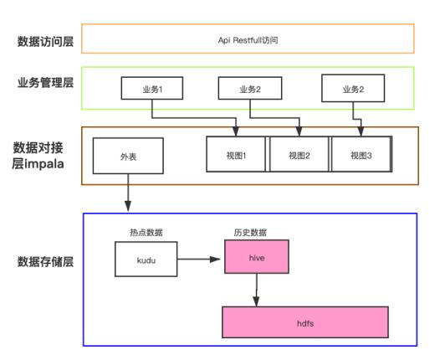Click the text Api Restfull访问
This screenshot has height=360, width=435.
point(248,40)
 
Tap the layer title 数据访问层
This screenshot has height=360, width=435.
point(45,42)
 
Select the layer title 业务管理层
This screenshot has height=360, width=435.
point(45,83)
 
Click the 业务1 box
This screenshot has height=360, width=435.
point(152,88)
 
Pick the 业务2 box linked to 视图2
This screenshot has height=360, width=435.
point(250,88)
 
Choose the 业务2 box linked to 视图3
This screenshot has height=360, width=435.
point(353,88)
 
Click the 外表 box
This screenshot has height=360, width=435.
point(128,156)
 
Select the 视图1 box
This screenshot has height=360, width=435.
point(236,154)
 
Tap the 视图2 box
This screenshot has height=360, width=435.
point(299,154)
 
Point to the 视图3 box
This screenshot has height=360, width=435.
point(361,154)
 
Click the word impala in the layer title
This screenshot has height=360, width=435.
point(44,164)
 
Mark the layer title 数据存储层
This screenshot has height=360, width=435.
point(45,262)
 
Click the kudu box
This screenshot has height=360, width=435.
point(146,260)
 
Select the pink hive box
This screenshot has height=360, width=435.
point(257,257)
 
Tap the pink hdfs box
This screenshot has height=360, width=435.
point(305,322)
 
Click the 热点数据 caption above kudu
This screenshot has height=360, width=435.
point(146,233)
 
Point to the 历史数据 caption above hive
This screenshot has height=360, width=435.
point(250,233)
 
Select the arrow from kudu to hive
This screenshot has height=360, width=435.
point(198,260)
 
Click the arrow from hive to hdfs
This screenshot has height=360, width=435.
point(257,291)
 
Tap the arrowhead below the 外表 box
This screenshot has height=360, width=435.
point(128,206)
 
